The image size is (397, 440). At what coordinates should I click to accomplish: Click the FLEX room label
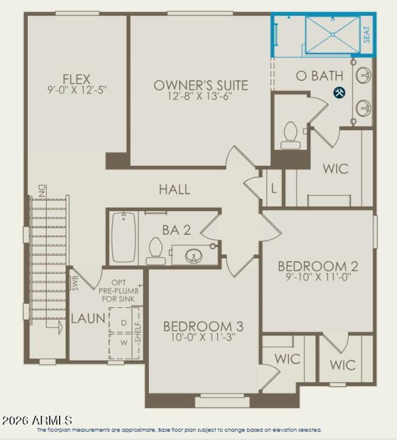point(76,79)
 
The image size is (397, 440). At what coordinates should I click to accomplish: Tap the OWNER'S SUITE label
point(200,85)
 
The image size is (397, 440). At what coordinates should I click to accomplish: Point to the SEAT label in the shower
point(367,35)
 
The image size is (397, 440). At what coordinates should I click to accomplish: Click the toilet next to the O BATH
point(289,135)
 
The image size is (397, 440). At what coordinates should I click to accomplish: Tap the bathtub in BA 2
point(124,237)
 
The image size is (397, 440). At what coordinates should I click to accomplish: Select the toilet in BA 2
point(156,251)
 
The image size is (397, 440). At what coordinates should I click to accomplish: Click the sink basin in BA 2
point(194,256)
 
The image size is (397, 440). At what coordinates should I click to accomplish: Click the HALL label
point(174,189)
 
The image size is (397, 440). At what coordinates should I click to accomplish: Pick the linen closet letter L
point(274,189)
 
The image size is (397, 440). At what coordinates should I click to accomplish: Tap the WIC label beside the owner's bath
point(335,168)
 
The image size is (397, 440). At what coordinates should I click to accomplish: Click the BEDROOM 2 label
point(318,266)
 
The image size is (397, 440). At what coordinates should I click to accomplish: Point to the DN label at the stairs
point(41,190)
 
